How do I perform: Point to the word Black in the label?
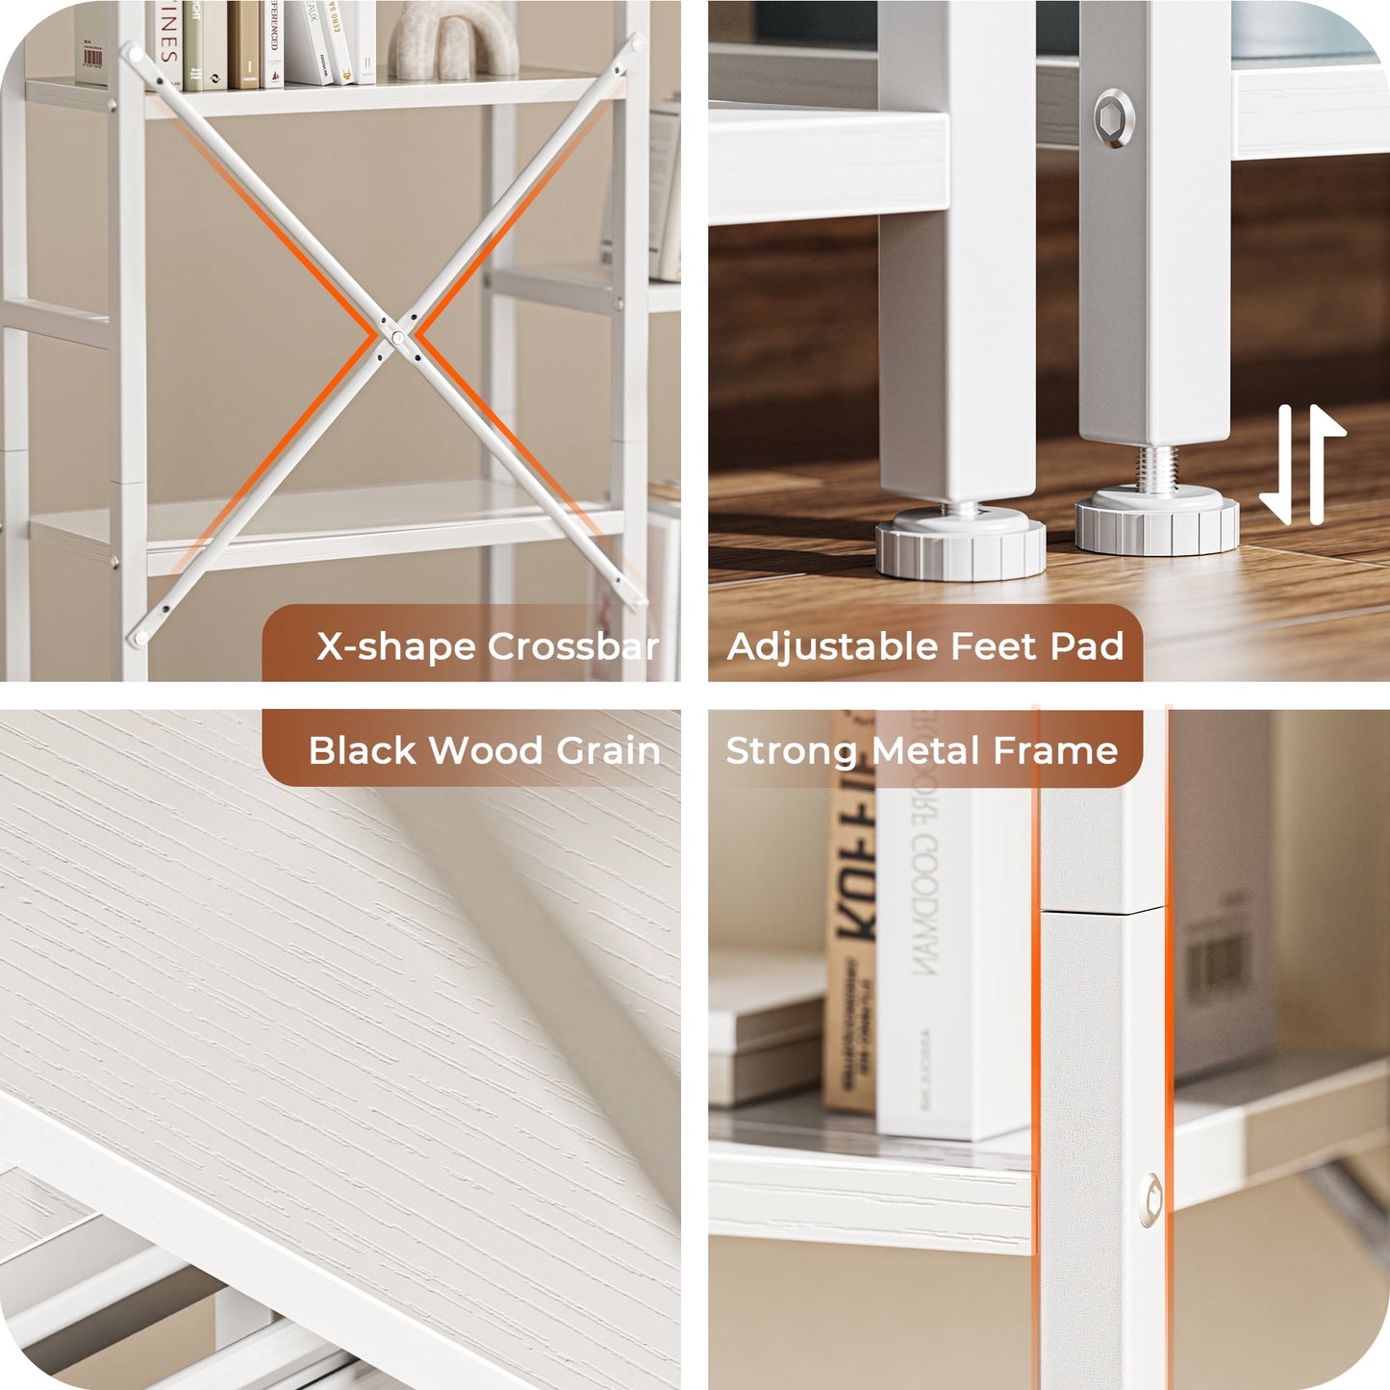(362, 750)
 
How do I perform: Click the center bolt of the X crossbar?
(397, 337)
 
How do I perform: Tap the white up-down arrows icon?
(1302, 465)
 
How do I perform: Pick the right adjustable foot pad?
(1157, 521)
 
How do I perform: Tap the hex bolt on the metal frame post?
(1150, 1200)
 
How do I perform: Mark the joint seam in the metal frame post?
(1102, 909)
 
